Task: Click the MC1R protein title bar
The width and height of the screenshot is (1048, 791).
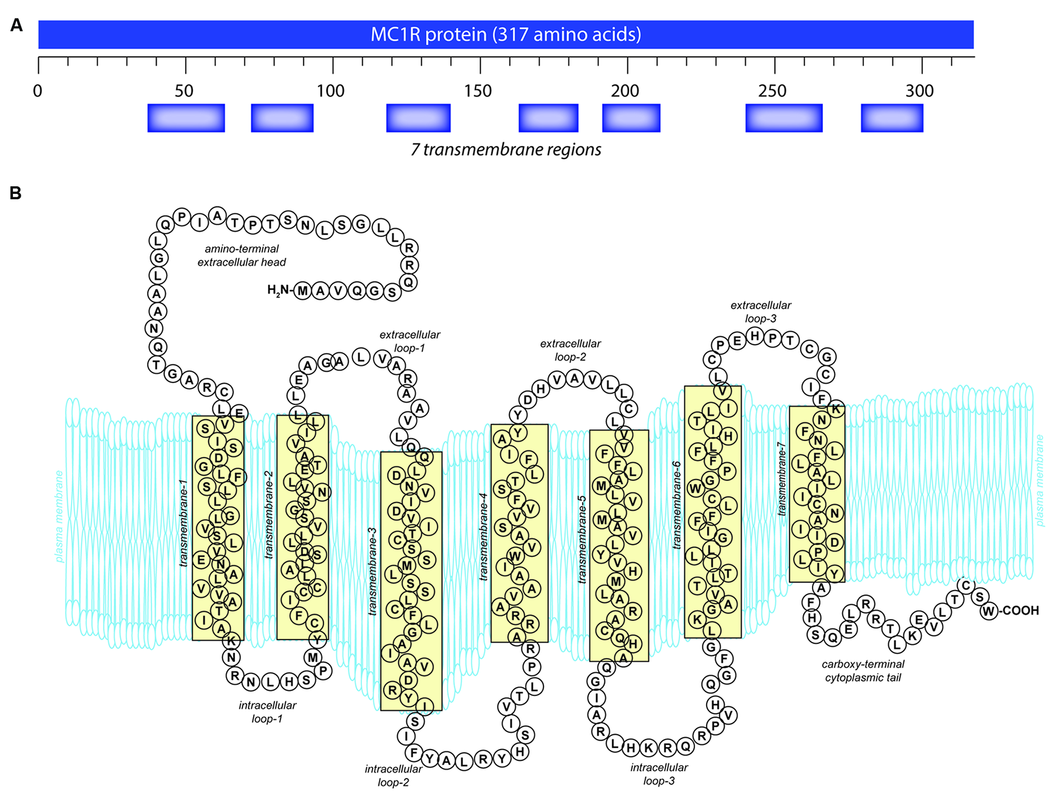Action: (506, 34)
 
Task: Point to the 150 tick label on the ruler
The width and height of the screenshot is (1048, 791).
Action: (477, 91)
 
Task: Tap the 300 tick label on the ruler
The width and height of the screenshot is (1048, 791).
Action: (919, 91)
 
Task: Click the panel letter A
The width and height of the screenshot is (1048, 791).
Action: (17, 25)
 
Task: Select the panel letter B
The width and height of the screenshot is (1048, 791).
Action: (15, 193)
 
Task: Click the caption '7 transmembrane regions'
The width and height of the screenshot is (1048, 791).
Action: (506, 150)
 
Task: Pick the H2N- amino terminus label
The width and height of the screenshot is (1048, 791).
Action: (279, 290)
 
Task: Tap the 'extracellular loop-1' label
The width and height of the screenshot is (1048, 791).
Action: (409, 341)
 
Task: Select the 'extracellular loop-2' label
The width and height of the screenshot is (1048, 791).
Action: (570, 350)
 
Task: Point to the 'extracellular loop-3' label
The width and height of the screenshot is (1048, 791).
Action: (761, 312)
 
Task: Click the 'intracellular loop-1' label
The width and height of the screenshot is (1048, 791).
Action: (267, 712)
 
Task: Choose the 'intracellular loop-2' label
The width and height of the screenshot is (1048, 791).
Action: (393, 775)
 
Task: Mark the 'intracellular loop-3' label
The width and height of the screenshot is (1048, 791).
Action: (659, 774)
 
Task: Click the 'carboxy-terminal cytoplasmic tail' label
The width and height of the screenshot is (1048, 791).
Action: (863, 670)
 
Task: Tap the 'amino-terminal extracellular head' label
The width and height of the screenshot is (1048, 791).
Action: (241, 255)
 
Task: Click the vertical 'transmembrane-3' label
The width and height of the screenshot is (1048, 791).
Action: (372, 572)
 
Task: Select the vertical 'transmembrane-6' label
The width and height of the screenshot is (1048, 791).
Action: (677, 505)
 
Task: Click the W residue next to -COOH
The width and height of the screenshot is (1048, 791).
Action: (989, 611)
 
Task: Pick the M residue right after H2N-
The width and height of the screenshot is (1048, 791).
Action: (302, 291)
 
